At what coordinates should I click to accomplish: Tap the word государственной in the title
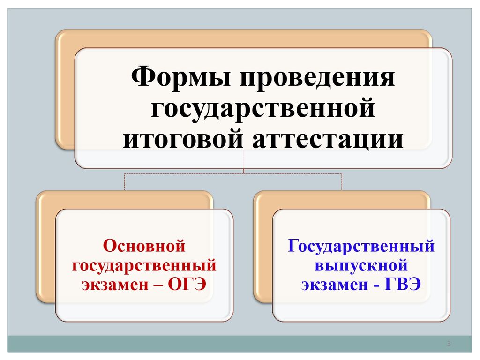[x=263, y=109]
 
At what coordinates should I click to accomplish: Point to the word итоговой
[x=183, y=139]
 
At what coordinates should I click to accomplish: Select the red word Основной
[x=144, y=246]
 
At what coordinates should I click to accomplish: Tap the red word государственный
[x=144, y=265]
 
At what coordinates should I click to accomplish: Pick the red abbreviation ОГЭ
[x=187, y=284]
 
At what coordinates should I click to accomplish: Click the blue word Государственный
[x=361, y=246]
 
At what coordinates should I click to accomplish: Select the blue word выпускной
[x=361, y=265]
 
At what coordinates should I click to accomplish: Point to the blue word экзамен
[x=335, y=285]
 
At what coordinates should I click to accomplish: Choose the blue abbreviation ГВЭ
[x=403, y=284]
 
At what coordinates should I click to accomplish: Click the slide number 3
[x=449, y=343]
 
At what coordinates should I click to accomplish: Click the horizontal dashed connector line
[x=233, y=174]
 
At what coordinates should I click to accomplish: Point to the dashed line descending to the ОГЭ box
[x=125, y=182]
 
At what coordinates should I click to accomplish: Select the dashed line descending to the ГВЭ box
[x=342, y=182]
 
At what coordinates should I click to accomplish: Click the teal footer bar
[x=240, y=344]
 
